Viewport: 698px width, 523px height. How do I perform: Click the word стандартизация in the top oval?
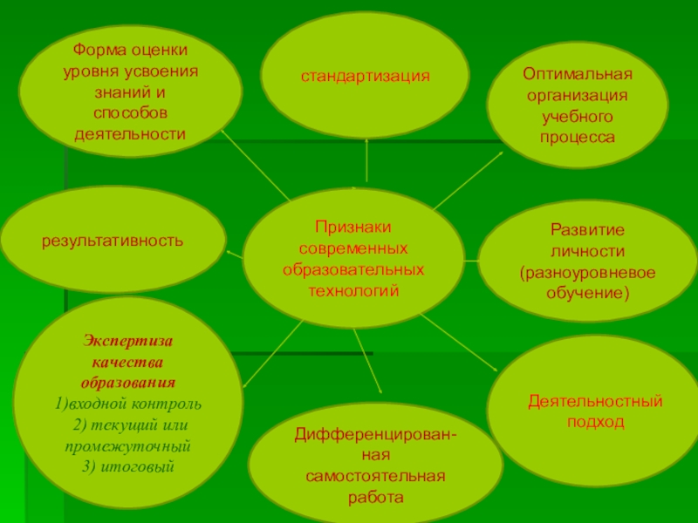coord(366,76)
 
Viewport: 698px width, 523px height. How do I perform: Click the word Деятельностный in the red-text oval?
coord(595,401)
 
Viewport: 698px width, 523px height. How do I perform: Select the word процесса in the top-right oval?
coord(577,138)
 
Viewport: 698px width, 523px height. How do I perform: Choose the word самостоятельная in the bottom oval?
coord(376,477)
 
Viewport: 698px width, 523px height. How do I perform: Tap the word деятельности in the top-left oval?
coord(130,134)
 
